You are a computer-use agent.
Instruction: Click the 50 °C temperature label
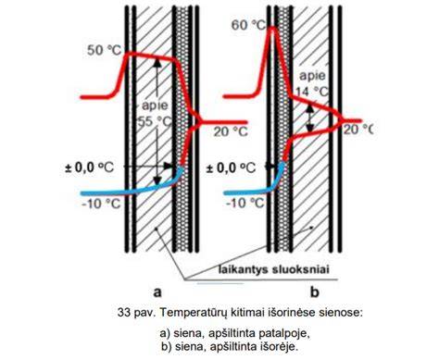click(x=105, y=50)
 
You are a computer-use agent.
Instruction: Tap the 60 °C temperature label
click(x=248, y=25)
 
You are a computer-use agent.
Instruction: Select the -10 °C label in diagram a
click(x=101, y=204)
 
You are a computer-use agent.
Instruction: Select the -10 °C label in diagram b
click(x=245, y=204)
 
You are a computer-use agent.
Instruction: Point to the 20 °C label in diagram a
click(x=231, y=132)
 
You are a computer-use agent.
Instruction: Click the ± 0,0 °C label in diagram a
click(x=90, y=168)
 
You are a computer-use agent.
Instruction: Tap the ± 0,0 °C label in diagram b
click(x=231, y=168)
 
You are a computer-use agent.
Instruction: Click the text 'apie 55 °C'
click(x=155, y=114)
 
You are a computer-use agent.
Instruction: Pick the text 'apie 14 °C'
click(x=312, y=83)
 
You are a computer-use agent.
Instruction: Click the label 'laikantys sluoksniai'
click(x=274, y=269)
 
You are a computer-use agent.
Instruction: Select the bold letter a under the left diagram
click(x=157, y=292)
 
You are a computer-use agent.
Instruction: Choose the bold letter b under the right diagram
click(x=314, y=292)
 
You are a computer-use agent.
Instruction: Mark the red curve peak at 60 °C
click(x=273, y=29)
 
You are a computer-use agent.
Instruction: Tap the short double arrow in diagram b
click(x=310, y=118)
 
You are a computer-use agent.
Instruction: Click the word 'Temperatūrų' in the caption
click(x=194, y=313)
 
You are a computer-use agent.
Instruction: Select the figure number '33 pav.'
click(x=137, y=313)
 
